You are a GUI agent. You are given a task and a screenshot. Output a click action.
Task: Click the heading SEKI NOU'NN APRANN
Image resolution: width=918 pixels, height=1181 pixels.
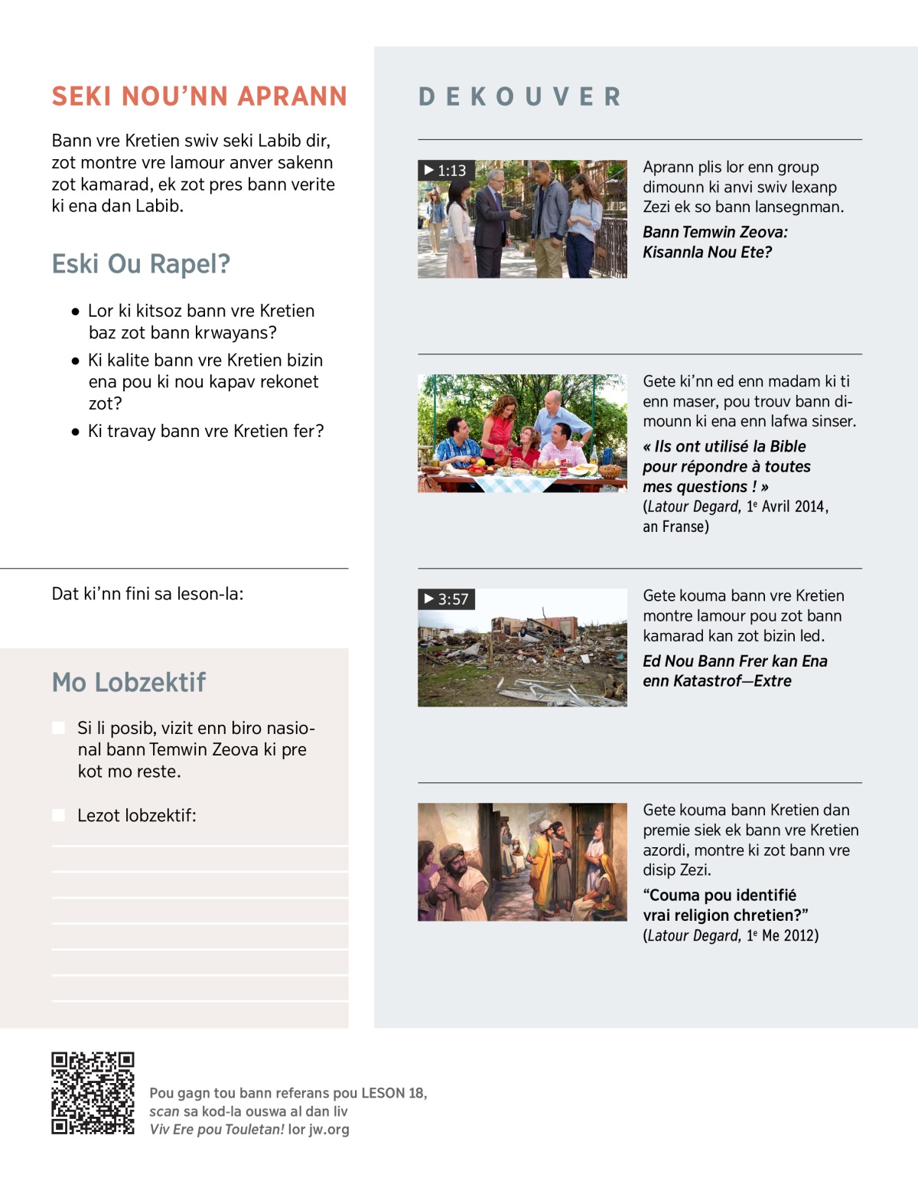click(199, 96)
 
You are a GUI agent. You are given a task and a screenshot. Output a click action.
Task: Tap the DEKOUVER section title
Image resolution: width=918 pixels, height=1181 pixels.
click(519, 97)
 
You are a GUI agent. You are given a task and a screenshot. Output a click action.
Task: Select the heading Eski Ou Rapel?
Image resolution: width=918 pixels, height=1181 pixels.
click(141, 264)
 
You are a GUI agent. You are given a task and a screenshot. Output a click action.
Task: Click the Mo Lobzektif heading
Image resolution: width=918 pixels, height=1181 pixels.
click(129, 682)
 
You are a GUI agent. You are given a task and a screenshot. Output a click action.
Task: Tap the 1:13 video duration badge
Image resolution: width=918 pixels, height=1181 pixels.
click(445, 171)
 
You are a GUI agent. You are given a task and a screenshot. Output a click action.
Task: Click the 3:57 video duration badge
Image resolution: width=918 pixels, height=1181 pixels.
click(446, 599)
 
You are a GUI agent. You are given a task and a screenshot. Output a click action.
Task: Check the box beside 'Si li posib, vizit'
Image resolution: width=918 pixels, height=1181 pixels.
click(59, 728)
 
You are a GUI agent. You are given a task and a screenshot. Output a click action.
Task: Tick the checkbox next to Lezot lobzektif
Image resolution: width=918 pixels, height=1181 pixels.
click(59, 815)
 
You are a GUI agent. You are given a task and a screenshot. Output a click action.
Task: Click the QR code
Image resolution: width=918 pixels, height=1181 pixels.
click(93, 1093)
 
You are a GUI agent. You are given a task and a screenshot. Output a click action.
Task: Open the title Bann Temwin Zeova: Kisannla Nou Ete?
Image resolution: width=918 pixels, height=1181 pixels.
click(715, 242)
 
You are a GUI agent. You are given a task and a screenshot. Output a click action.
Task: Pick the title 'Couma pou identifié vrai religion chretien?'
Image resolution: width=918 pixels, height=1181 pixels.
click(725, 905)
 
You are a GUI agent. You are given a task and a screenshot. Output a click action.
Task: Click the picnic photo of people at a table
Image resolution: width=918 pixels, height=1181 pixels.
click(522, 433)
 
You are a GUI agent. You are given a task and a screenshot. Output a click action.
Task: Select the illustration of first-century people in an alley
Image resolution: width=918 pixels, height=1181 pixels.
click(522, 862)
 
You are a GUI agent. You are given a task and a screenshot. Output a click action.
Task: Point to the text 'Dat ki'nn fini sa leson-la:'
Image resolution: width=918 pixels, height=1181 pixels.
click(148, 594)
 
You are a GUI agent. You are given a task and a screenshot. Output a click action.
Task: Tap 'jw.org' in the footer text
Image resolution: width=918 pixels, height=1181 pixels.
click(329, 1129)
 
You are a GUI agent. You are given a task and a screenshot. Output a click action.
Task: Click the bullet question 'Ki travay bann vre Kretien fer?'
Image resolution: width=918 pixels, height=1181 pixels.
click(206, 431)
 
